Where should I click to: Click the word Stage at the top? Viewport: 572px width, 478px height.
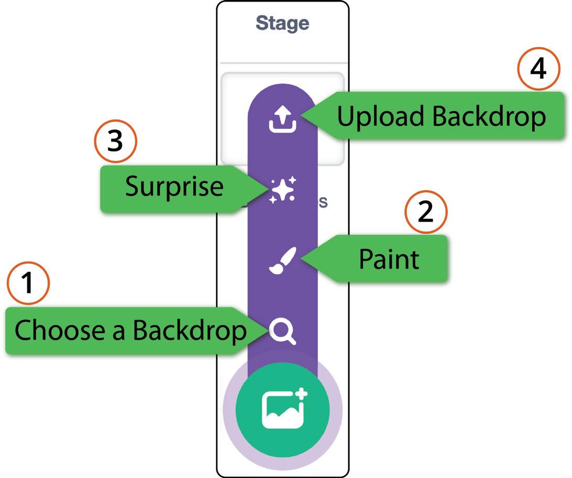pos(282,24)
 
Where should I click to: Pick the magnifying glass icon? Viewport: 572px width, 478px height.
pos(283,332)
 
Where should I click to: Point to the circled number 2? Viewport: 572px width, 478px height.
pos(426,213)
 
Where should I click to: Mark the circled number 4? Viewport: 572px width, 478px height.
pos(538,70)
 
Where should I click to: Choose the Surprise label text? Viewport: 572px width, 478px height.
pos(174,187)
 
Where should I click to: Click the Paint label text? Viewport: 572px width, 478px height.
pos(389,259)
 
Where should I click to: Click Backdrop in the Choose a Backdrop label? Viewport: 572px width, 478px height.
pos(189,331)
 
